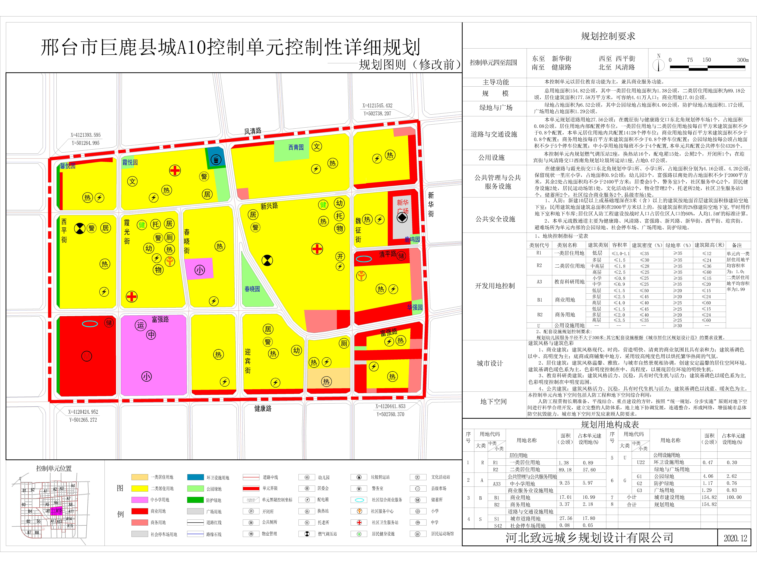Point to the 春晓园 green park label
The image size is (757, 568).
click(x=252, y=289)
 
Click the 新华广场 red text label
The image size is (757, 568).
click(x=403, y=206)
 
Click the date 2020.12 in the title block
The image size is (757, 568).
click(x=735, y=538)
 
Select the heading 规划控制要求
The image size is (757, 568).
click(x=608, y=36)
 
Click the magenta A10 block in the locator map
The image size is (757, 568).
click(x=58, y=510)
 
